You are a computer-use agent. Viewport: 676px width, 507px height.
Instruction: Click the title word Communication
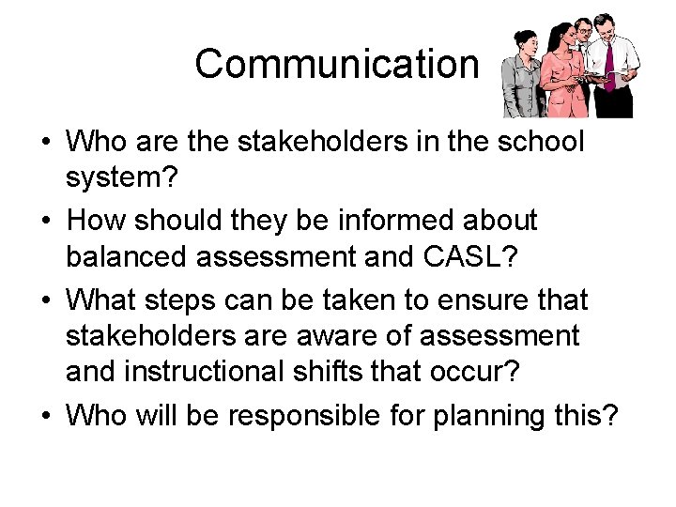[336, 65]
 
